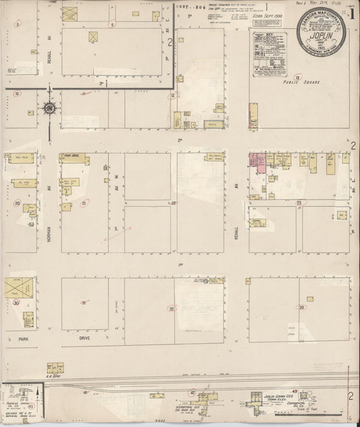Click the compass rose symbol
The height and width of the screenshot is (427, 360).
(x=49, y=107)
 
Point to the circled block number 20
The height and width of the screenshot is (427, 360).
(x=17, y=202)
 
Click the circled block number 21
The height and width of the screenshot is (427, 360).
(x=84, y=202)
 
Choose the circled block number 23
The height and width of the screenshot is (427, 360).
(x=298, y=202)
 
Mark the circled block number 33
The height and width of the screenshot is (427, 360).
(x=301, y=307)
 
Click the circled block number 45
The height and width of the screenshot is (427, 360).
(x=31, y=406)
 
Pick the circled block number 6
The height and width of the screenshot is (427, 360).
(x=111, y=24)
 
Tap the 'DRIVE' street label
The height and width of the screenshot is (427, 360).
(x=84, y=336)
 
